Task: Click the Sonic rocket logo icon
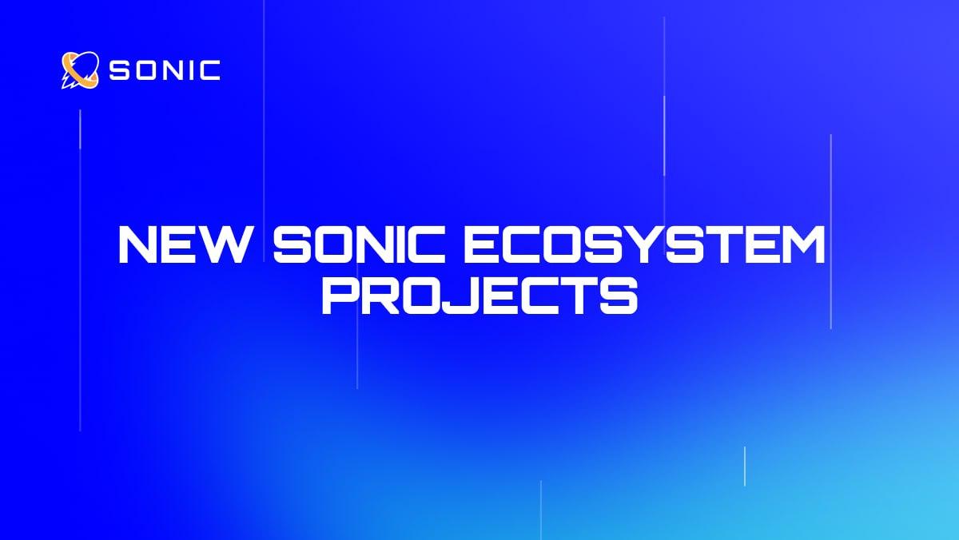pyautogui.click(x=80, y=70)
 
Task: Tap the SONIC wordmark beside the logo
pyautogui.click(x=164, y=71)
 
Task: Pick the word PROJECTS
pyautogui.click(x=479, y=294)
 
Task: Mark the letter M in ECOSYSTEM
pyautogui.click(x=799, y=246)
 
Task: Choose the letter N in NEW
pyautogui.click(x=139, y=246)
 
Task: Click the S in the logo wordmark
pyautogui.click(x=120, y=71)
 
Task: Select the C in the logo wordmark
pyautogui.click(x=210, y=71)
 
